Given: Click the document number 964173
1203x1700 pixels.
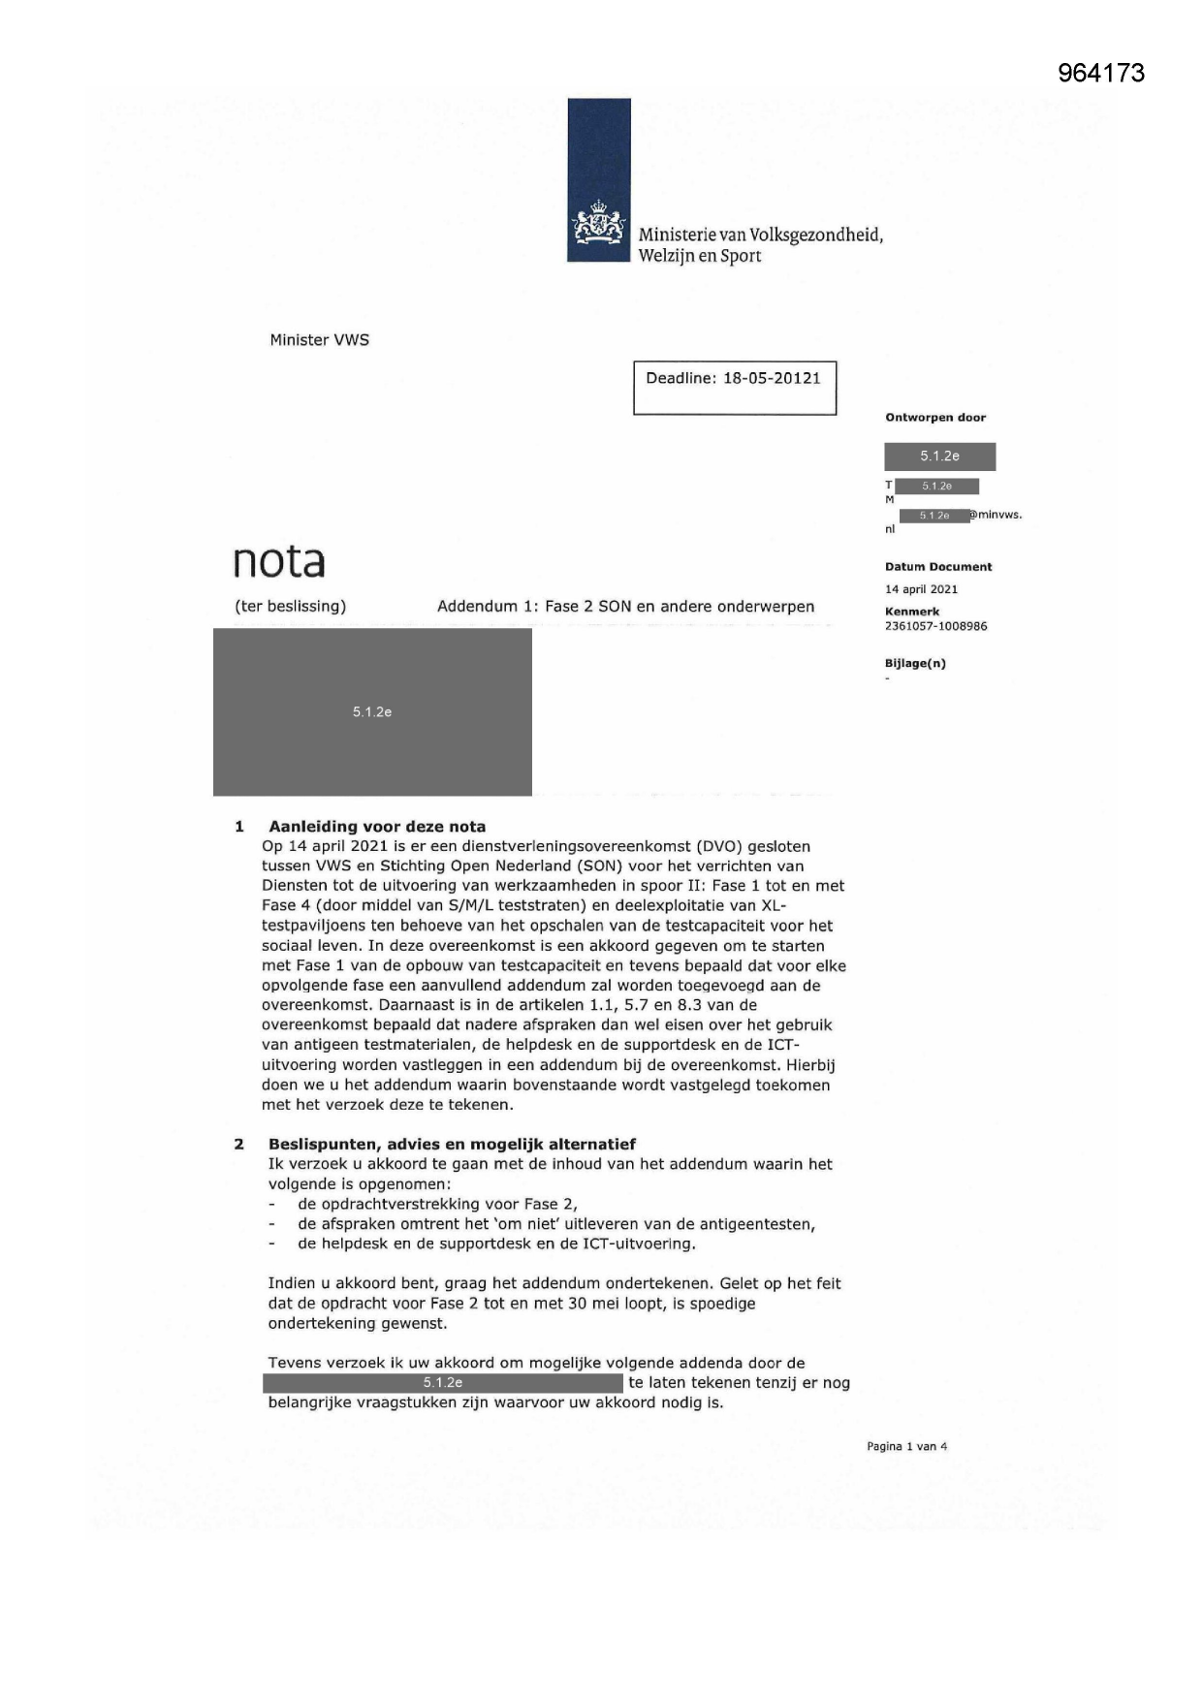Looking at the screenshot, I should point(1101,73).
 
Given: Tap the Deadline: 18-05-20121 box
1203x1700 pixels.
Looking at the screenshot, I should point(734,388).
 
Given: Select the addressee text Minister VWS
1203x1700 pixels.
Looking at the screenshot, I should point(319,340).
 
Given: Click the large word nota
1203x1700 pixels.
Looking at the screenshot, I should point(279,560).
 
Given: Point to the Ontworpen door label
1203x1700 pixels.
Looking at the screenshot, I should point(934,418).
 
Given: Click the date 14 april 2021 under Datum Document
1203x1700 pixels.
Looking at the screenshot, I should point(921,589).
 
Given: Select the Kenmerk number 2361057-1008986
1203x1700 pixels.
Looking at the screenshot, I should point(935,626).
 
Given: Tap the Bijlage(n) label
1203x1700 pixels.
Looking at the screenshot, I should point(915,663).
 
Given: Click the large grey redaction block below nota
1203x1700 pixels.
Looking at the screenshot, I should point(372,711).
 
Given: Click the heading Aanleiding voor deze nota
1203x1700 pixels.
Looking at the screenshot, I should point(377,827).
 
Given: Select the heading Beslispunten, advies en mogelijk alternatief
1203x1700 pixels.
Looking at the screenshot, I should point(452,1144).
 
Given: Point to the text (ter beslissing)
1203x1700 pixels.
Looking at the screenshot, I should point(290,607).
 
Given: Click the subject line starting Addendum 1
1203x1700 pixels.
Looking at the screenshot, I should point(625,607).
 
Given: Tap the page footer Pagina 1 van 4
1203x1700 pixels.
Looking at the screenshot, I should point(906,1446).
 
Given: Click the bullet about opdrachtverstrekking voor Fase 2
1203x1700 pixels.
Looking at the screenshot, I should point(437,1204).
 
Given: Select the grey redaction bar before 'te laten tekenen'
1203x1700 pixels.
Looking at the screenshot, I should point(443,1383).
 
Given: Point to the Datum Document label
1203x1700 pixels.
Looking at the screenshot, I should point(937,567).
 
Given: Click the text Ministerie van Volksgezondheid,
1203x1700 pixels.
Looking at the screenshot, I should point(760,235).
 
